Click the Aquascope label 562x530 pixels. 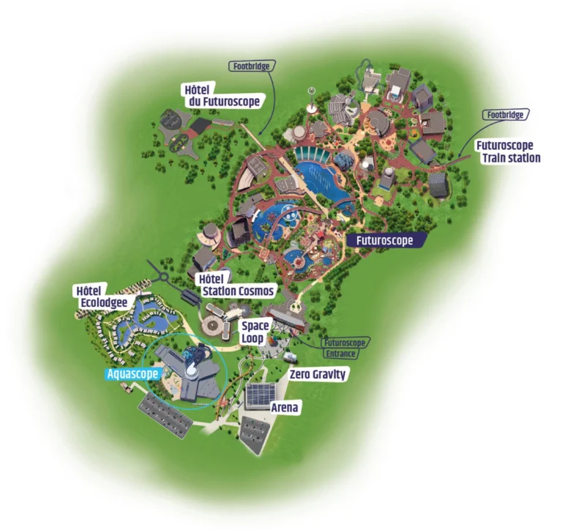pyautogui.click(x=132, y=374)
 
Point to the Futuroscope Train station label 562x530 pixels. pyautogui.click(x=508, y=152)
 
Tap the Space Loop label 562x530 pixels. pyautogui.click(x=255, y=332)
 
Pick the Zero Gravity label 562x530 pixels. pyautogui.click(x=318, y=374)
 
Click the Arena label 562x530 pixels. pyautogui.click(x=285, y=407)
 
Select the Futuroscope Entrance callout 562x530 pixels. pyautogui.click(x=341, y=348)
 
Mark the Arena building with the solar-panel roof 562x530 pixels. pyautogui.click(x=261, y=396)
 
